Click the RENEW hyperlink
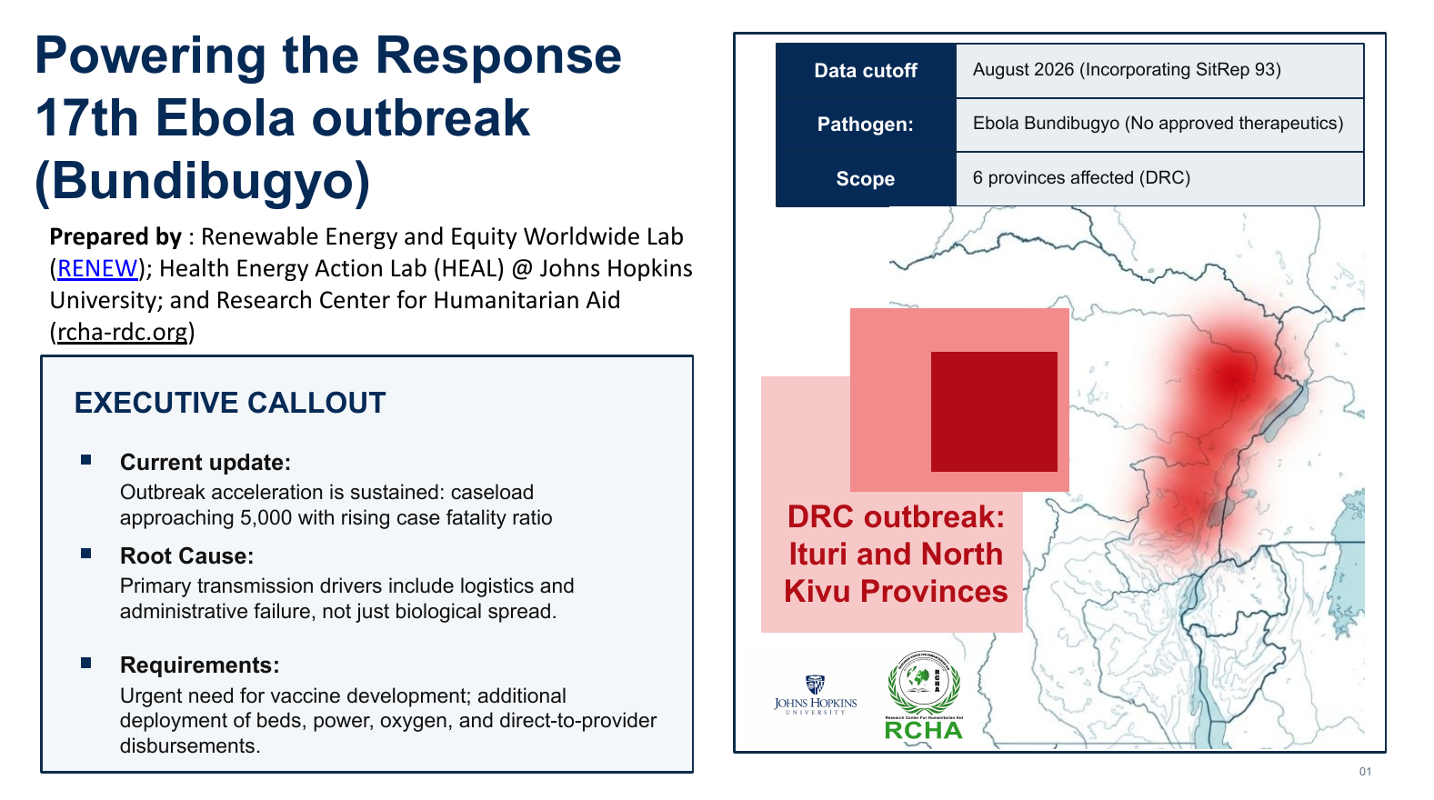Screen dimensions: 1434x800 point(97,268)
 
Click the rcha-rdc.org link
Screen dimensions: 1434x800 point(122,332)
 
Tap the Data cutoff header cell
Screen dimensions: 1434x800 point(866,70)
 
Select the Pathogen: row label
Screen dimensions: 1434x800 point(866,125)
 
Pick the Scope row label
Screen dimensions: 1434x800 point(866,178)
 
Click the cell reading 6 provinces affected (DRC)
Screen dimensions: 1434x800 point(1160,178)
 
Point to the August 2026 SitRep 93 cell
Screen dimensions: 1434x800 point(1160,70)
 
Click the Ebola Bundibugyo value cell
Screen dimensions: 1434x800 point(1160,125)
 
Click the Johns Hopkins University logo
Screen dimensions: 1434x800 point(815,695)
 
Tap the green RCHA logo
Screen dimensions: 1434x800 point(924,695)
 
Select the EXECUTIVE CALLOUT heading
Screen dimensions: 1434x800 point(230,404)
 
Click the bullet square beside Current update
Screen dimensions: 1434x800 point(85,459)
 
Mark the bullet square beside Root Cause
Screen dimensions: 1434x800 point(85,553)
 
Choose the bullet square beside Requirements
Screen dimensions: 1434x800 point(85,663)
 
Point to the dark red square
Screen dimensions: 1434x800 point(994,412)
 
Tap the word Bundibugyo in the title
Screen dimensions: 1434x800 point(202,181)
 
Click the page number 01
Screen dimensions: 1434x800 point(1366,772)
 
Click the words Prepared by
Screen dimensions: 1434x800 point(115,236)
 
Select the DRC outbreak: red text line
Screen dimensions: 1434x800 point(896,517)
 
